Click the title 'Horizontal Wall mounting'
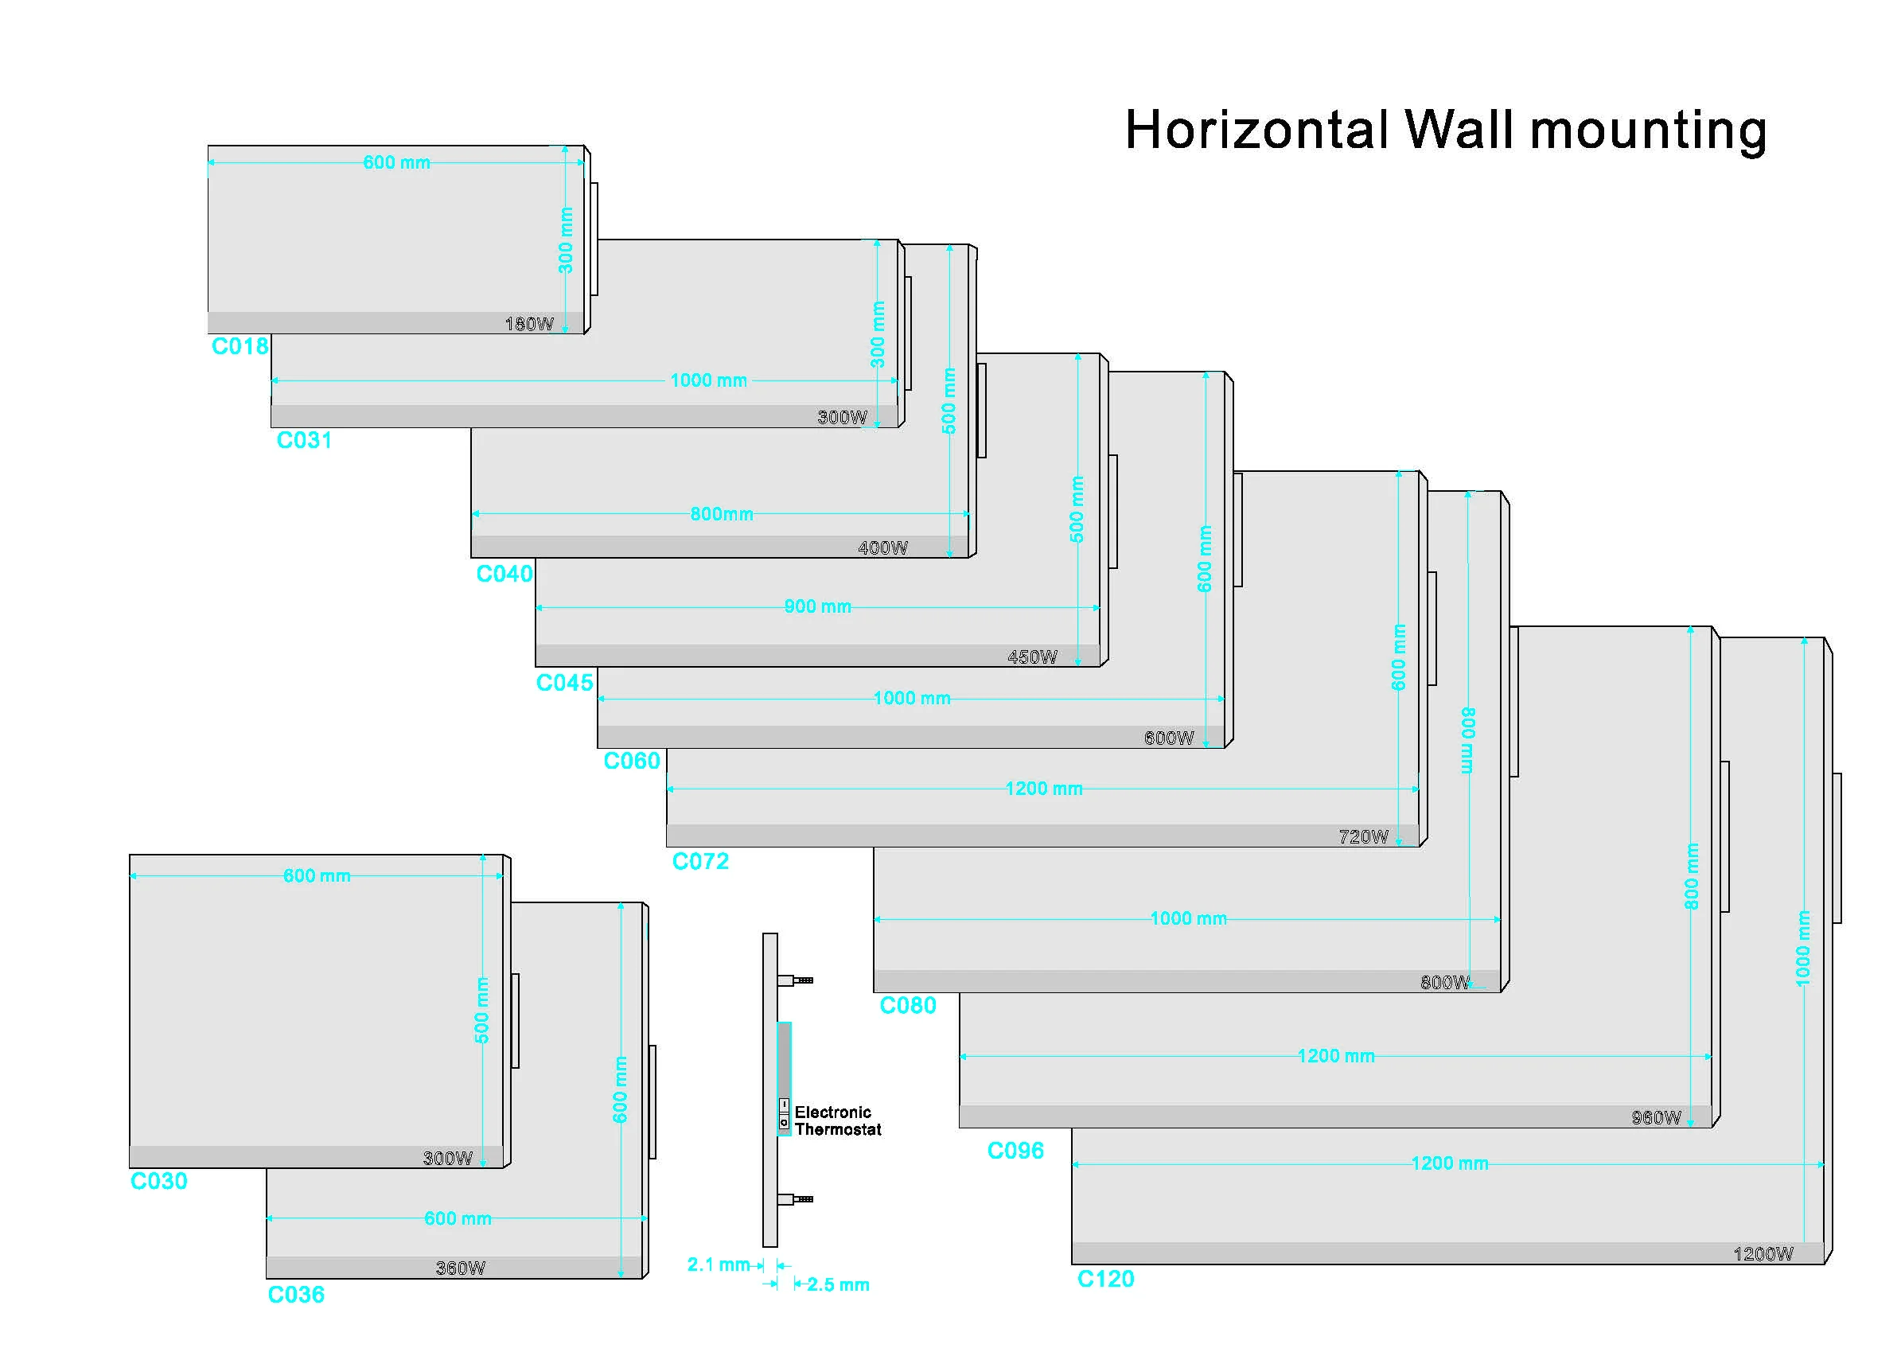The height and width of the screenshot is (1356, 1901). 1445,131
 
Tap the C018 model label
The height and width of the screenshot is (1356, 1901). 240,346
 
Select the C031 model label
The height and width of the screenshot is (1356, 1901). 304,440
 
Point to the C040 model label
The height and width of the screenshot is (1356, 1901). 504,574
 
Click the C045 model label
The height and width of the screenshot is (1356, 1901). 564,683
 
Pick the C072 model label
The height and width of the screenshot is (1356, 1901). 700,861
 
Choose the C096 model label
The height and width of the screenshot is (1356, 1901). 1015,1151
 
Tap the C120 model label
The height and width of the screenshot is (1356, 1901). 1105,1279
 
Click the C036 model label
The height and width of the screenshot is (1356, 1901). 295,1295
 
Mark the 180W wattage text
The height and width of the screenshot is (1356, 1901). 529,324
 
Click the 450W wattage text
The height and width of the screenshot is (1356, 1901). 1032,657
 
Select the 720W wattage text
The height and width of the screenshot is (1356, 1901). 1363,836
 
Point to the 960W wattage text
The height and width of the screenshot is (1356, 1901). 1657,1118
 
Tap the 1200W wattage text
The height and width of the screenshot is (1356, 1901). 1763,1254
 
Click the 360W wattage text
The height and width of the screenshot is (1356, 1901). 460,1268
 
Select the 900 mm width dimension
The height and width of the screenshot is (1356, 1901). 817,607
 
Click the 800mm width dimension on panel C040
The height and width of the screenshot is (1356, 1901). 721,514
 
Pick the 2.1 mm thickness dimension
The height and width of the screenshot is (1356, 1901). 718,1265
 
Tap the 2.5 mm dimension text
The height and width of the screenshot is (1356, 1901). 838,1285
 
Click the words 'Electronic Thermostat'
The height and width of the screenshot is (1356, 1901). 837,1121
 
